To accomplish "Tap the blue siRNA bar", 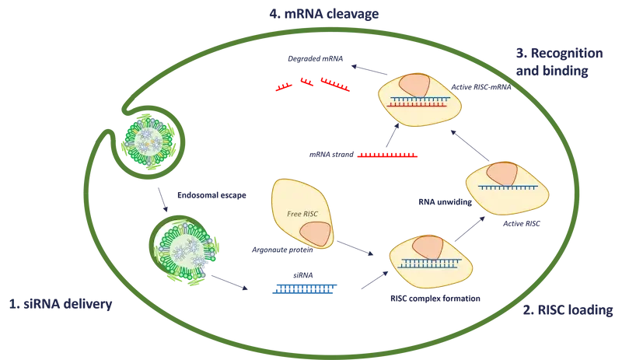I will pos(304,288).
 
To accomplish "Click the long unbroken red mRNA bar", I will pos(387,156).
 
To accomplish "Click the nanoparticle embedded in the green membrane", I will pos(146,140).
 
